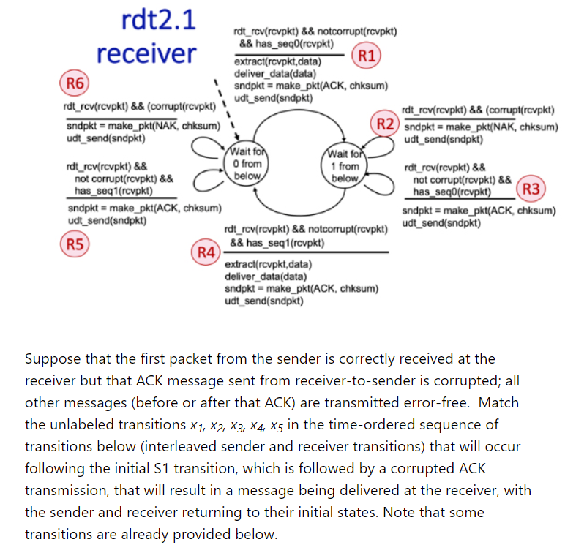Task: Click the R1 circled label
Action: tap(365, 55)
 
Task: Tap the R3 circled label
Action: tap(532, 188)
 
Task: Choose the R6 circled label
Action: tap(73, 83)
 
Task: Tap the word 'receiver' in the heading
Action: tap(146, 53)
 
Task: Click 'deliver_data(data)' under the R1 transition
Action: tap(274, 74)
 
